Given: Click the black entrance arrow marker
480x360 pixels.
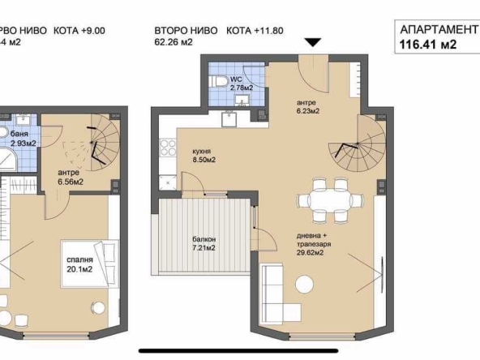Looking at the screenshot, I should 313,42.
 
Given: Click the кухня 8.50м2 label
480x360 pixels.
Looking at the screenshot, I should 204,155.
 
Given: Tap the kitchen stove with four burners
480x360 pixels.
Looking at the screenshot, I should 170,148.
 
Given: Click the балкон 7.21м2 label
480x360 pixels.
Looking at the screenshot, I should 204,242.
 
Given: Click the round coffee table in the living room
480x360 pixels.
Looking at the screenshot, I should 305,285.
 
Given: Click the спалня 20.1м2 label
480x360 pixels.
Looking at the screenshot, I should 79,264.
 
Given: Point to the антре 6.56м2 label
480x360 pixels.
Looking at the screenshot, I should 71,177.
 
